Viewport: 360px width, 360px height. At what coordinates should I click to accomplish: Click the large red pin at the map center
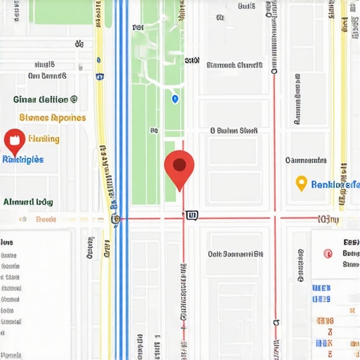coord(179,167)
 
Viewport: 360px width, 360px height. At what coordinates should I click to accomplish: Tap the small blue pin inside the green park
coord(174,99)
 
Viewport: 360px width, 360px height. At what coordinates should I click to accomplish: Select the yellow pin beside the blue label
coord(301,184)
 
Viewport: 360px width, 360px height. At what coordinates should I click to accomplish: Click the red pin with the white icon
coord(14,141)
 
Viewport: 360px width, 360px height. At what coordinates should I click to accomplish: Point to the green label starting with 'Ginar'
coord(46,100)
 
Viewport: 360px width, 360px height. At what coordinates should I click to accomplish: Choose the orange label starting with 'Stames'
coord(53,117)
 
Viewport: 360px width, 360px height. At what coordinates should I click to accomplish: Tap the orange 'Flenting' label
coord(43,139)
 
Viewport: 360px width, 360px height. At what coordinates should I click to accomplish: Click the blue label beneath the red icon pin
coord(23,160)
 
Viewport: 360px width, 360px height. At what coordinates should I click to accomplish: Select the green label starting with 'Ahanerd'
coord(28,202)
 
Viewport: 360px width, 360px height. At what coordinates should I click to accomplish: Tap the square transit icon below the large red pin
coord(192,215)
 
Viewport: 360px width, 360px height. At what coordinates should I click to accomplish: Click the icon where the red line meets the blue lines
coord(116,219)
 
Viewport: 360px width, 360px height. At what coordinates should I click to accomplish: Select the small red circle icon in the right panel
coord(326,254)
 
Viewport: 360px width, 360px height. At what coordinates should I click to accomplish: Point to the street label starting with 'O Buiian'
coord(234,130)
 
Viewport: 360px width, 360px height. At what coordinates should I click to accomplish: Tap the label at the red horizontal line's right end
coord(328,219)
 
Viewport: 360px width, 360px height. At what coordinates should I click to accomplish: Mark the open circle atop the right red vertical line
coord(274,72)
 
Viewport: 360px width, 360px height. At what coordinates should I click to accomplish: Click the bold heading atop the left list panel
coord(7,242)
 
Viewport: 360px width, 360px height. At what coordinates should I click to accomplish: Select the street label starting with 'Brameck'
coord(234,65)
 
